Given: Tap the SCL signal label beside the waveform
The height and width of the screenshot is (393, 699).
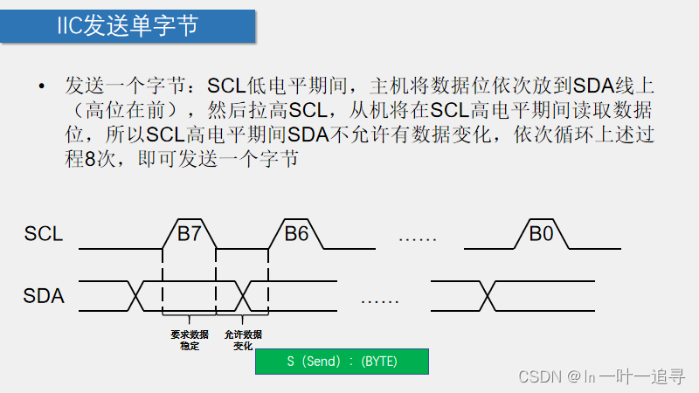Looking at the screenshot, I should [44, 234].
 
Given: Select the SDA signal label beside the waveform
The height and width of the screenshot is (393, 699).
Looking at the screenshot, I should [44, 296].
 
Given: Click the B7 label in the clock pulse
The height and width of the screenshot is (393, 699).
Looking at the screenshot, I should [189, 233].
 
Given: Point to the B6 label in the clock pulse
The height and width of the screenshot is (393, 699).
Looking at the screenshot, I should [296, 233].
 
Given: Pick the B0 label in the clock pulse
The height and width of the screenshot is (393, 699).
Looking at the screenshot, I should [541, 233].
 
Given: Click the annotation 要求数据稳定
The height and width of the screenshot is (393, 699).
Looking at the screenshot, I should [190, 341].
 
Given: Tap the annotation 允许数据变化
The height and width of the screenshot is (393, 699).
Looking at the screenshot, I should [243, 341].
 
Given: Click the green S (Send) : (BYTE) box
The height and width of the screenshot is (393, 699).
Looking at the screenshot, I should [342, 362].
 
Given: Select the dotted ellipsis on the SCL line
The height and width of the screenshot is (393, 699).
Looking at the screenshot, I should [417, 238].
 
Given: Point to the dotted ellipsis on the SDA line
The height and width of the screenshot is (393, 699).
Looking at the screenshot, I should [380, 300].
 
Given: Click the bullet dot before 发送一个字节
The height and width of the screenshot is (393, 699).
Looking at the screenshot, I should [40, 86].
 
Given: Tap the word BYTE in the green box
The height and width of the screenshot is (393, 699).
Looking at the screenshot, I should [379, 362].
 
